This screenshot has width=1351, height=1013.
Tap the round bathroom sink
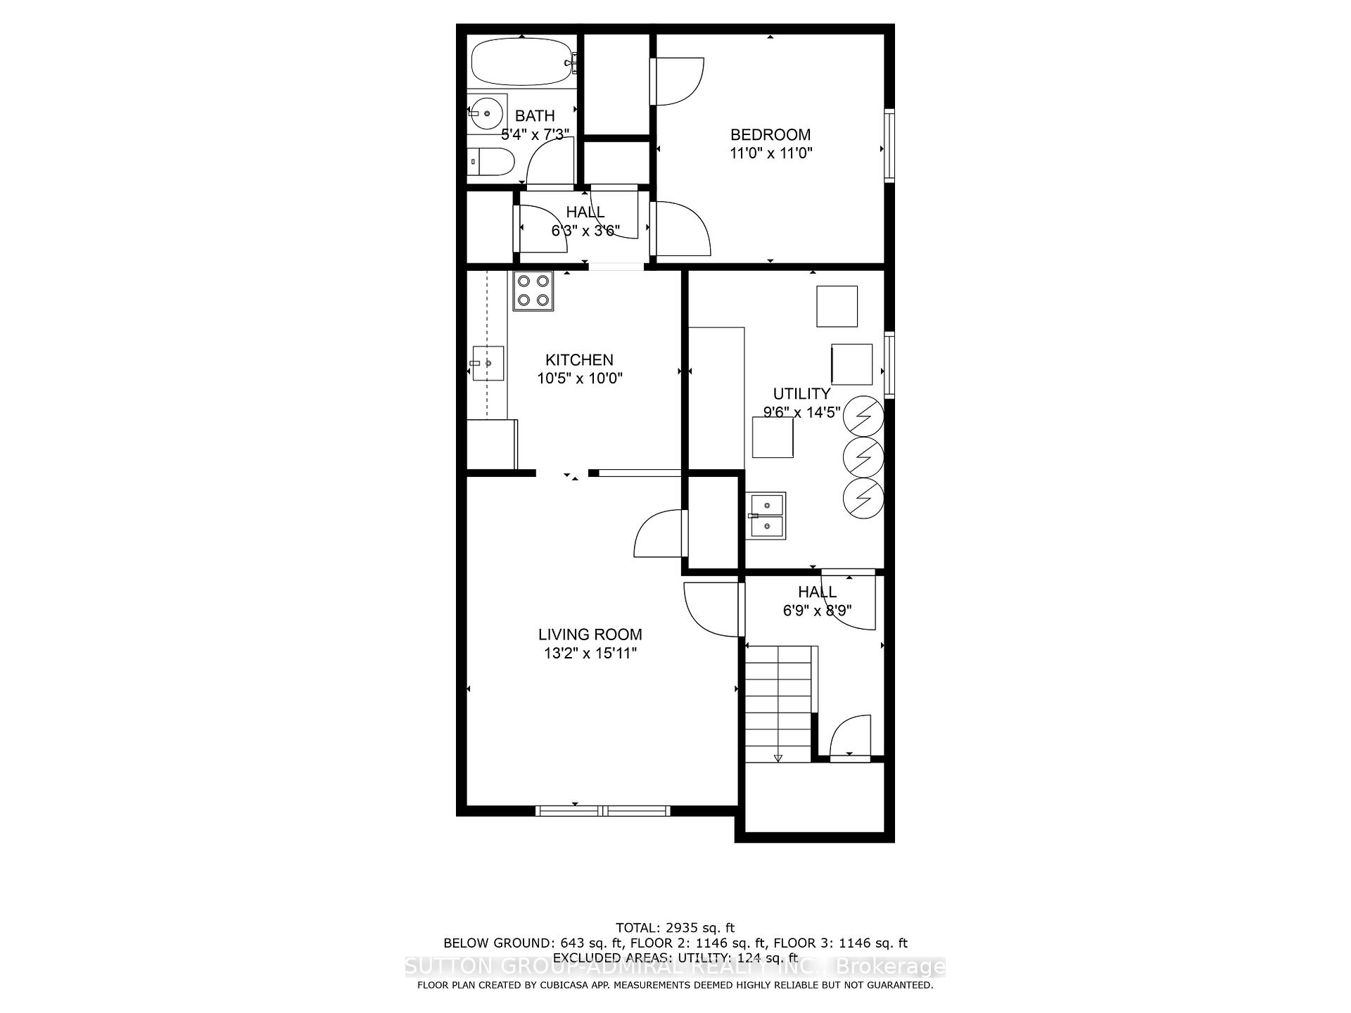pos(486,113)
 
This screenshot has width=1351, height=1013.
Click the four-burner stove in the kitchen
pos(533,291)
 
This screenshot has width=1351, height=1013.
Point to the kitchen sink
pos(488,363)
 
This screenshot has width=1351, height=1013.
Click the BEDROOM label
pos(770,134)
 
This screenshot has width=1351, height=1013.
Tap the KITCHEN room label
pos(579,360)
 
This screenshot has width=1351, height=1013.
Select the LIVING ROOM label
pos(590,635)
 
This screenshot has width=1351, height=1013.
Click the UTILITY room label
pos(801,394)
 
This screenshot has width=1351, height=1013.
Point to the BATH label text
pos(535,116)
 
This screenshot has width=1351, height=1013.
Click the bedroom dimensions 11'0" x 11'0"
pos(770,153)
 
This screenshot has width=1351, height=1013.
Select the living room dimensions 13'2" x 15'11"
pos(590,654)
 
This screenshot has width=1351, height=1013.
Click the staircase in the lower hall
pos(778,703)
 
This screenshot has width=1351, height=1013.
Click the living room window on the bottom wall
pos(603,810)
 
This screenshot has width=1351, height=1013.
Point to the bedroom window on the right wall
pos(889,146)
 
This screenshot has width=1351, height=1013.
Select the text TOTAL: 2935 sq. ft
pos(675,928)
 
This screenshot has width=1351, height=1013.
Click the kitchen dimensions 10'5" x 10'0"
pos(580,378)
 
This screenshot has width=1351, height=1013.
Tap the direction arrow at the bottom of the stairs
pos(778,758)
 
